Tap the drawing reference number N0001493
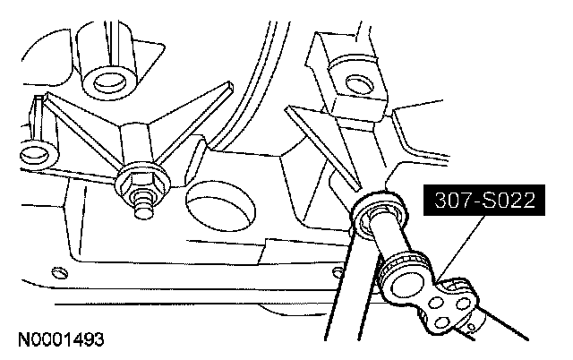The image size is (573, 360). pos(60,340)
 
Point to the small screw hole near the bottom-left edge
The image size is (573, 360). pos(58,271)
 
